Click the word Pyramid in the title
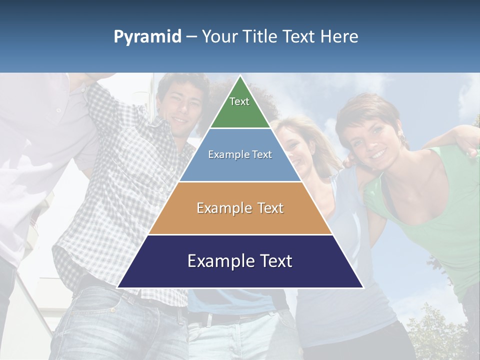tap(147, 37)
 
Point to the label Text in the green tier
tap(239, 101)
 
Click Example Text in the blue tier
tap(240, 154)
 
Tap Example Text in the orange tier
tap(240, 208)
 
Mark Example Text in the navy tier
tap(240, 261)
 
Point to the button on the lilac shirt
tap(58, 109)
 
